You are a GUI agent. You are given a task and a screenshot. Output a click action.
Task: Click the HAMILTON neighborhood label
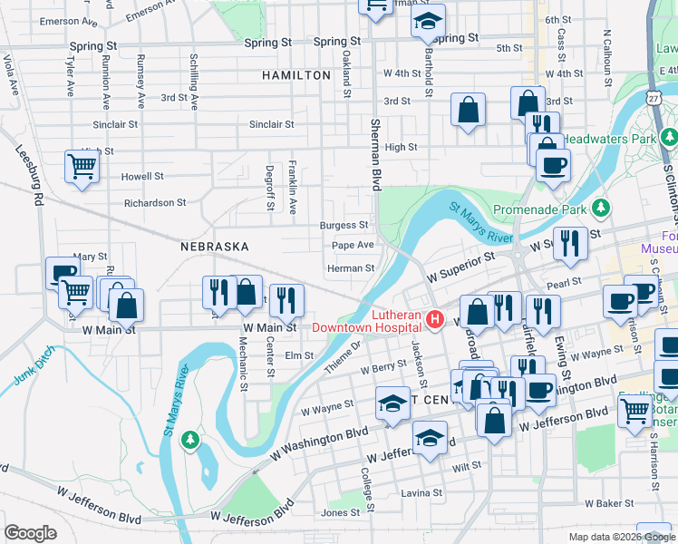[296, 75]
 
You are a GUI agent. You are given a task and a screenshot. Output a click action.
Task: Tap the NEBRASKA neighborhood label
[214, 247]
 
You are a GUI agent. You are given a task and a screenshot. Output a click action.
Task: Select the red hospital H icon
[434, 319]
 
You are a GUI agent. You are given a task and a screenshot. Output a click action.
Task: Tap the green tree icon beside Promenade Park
[599, 209]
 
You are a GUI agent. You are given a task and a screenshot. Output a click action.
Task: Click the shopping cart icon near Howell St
[82, 167]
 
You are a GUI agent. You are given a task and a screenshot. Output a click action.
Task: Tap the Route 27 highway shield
[653, 95]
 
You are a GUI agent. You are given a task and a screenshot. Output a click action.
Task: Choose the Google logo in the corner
[30, 532]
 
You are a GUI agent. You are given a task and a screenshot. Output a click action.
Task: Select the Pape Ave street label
[353, 245]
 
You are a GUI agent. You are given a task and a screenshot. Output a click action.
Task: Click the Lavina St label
[423, 494]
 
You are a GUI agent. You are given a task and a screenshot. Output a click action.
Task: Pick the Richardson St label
[155, 203]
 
